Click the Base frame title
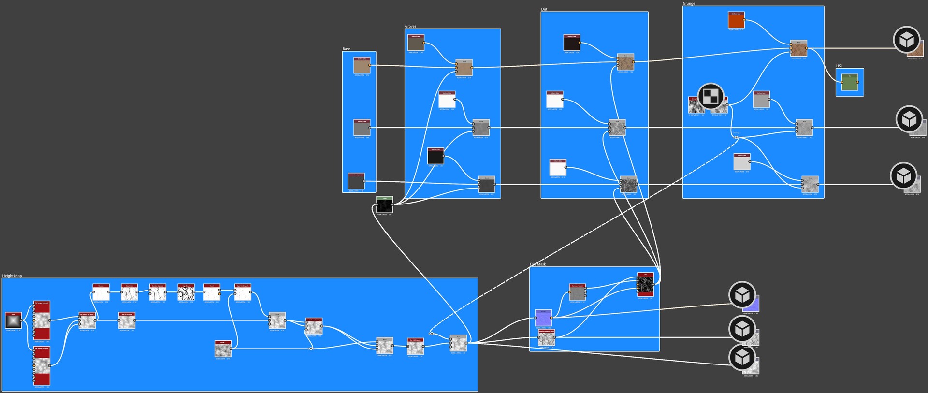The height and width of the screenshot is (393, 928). (346, 49)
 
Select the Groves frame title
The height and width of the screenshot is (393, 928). (410, 26)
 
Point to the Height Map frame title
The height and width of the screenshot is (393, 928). (12, 276)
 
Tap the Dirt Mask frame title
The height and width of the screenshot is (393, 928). (537, 264)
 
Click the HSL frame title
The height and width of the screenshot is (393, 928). (839, 66)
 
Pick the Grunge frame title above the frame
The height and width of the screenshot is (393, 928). (689, 3)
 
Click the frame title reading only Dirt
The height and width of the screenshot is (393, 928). (544, 9)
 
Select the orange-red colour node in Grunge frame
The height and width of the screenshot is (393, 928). (736, 20)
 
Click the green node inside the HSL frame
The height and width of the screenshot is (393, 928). (849, 82)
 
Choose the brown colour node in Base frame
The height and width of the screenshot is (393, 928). (362, 66)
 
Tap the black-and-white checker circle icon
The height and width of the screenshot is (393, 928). (710, 96)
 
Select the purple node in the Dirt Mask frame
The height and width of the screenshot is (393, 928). (543, 318)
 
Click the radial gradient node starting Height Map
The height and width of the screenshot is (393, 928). (13, 320)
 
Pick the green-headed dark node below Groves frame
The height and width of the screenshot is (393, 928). (384, 205)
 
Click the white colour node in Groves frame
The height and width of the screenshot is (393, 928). (447, 100)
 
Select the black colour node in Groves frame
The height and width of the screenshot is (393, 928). (435, 156)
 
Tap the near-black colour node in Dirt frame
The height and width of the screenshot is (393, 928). (572, 43)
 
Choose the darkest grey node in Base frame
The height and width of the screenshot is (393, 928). (356, 181)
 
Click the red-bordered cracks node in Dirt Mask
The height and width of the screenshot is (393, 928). (645, 284)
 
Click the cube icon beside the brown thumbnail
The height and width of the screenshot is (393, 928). (906, 40)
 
